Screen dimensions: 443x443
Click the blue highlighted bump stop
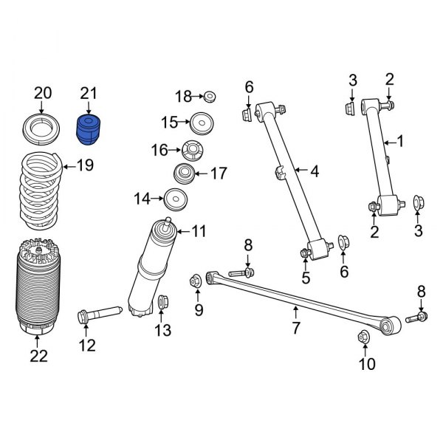(x=89, y=130)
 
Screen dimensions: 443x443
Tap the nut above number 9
(x=196, y=281)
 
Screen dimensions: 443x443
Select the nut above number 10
(x=364, y=337)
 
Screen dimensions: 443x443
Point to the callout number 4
(x=314, y=171)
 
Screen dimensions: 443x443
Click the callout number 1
(x=401, y=140)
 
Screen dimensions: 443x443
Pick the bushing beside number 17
(x=184, y=175)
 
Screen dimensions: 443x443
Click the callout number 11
(x=198, y=232)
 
